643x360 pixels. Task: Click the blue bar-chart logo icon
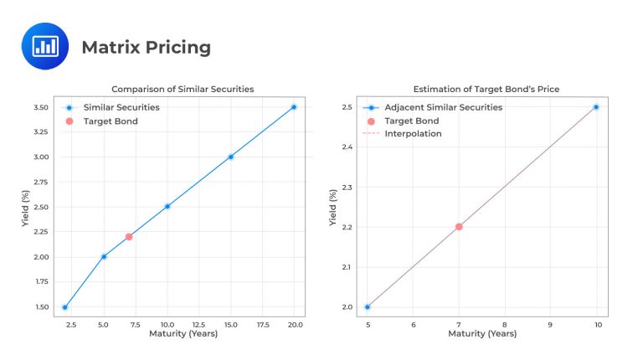click(x=44, y=46)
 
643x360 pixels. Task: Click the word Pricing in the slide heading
click(x=177, y=48)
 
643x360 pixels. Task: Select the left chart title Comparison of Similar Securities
click(x=183, y=90)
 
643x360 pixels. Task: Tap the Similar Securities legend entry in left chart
click(x=122, y=107)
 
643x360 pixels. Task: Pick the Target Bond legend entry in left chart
click(x=110, y=121)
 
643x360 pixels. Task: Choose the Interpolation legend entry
click(x=412, y=134)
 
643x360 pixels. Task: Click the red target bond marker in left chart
click(x=129, y=237)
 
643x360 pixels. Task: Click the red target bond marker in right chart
click(x=459, y=227)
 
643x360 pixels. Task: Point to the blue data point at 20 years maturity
click(x=294, y=107)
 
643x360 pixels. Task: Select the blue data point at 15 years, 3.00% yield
click(x=231, y=157)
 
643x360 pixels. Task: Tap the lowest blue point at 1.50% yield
click(x=65, y=307)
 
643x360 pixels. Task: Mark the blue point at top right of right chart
click(x=596, y=107)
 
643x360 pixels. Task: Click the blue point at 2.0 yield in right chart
click(x=368, y=307)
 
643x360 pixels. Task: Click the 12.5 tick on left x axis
click(x=199, y=324)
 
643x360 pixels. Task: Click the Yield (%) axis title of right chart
click(x=333, y=207)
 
